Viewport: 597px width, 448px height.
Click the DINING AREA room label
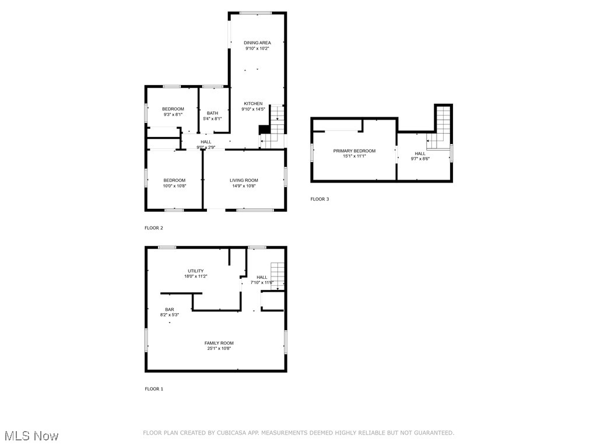(257, 43)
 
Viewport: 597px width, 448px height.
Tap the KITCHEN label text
(253, 103)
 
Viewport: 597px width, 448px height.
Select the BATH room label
(212, 113)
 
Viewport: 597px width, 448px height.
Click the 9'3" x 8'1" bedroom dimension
(173, 114)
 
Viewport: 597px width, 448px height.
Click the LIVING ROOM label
(244, 180)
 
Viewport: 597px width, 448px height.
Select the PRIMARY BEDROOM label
(354, 151)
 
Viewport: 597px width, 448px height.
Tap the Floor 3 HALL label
(420, 153)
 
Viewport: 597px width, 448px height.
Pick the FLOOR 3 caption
(319, 199)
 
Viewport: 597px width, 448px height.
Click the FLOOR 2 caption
(154, 228)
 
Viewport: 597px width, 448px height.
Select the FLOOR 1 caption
(154, 388)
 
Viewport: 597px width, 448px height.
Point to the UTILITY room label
(195, 271)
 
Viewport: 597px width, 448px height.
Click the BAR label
(169, 309)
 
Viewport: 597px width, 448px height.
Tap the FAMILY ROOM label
(219, 343)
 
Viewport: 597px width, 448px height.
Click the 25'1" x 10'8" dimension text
(219, 348)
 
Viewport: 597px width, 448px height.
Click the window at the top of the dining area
(257, 13)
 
